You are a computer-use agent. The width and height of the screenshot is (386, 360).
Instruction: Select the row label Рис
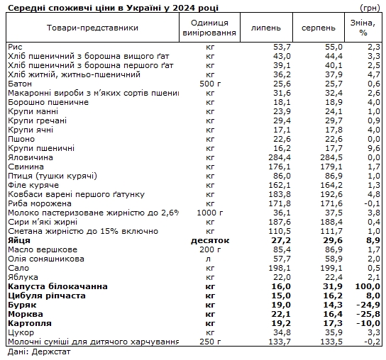15,46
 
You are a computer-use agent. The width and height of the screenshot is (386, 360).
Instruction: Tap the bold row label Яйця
20,240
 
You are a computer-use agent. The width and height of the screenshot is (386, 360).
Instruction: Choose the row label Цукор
20,332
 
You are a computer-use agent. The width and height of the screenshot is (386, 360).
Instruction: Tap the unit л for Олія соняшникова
209,259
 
